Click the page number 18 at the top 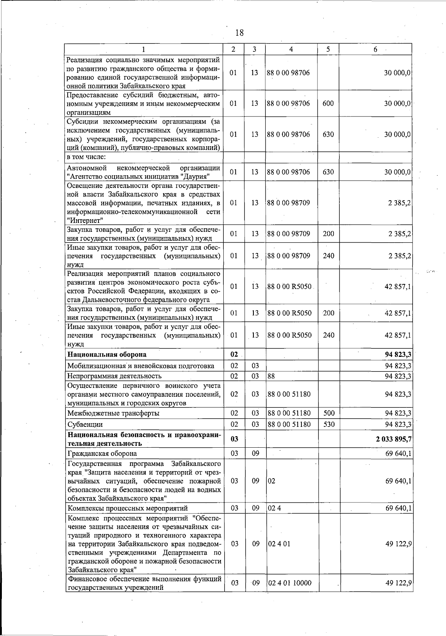(239, 33)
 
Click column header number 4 (291, 49)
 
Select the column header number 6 (375, 49)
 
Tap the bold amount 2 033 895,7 (393, 439)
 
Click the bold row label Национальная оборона (107, 354)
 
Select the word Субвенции (85, 425)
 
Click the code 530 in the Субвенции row (329, 424)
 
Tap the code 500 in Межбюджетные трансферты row (329, 413)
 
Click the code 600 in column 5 (328, 103)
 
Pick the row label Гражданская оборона (102, 453)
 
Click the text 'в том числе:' (86, 157)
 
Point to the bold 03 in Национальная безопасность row (234, 439)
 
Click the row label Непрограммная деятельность (114, 376)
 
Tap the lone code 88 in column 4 (271, 376)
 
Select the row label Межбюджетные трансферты (113, 413)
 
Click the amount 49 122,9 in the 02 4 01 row (398, 544)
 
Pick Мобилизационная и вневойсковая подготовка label (140, 366)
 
